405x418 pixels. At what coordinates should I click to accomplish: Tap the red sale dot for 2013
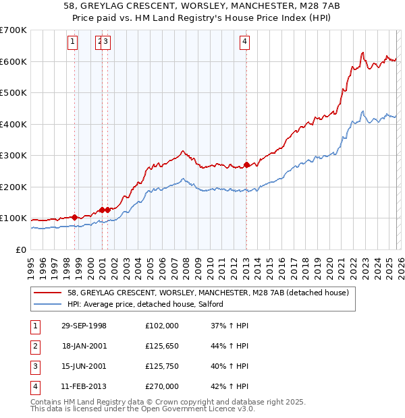(x=247, y=165)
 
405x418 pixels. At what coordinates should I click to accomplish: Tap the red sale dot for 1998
(x=74, y=217)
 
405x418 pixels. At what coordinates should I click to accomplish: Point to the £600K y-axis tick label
(x=13, y=61)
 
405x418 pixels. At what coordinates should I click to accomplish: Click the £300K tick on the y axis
(x=13, y=156)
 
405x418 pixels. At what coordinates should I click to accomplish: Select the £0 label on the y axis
(x=22, y=249)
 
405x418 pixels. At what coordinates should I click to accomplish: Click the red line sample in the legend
(x=49, y=293)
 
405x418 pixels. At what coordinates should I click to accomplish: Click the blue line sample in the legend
(x=49, y=305)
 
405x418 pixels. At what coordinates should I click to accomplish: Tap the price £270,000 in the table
(x=162, y=386)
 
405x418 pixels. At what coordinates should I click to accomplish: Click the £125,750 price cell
(x=162, y=366)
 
